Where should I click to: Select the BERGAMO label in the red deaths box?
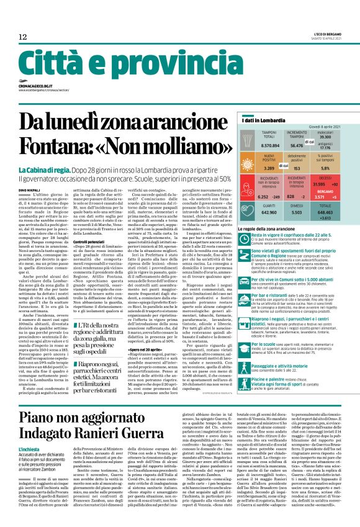325,209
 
